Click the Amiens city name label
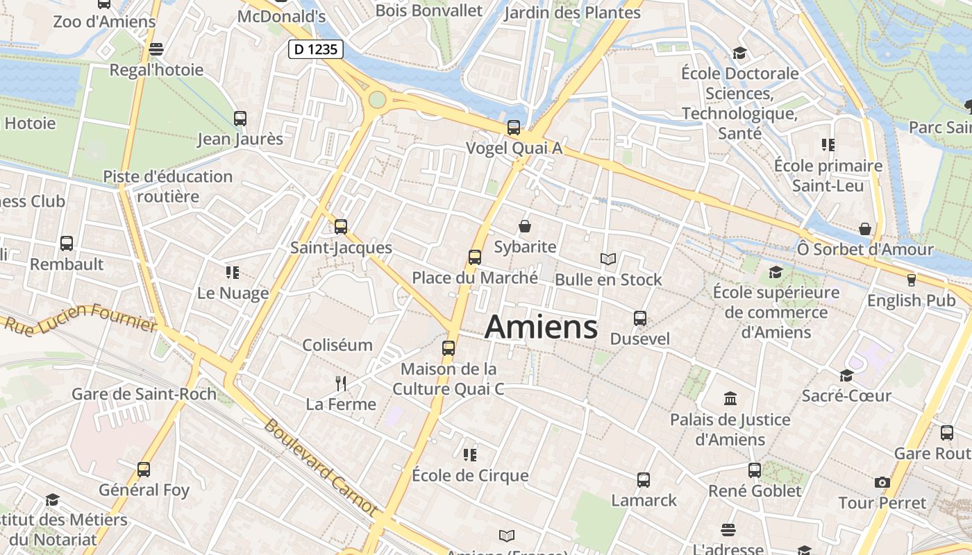click(x=541, y=326)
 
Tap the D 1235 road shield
click(x=317, y=49)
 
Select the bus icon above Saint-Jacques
click(x=340, y=226)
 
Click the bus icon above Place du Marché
click(x=475, y=257)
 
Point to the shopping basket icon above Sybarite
click(x=525, y=226)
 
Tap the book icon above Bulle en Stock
click(x=608, y=259)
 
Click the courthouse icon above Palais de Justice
click(x=730, y=398)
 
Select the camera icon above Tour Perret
click(x=882, y=482)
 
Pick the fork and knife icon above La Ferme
click(x=340, y=383)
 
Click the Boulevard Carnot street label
click(x=321, y=467)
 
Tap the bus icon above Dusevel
click(x=640, y=318)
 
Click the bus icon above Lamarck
click(x=644, y=479)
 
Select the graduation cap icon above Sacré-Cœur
click(x=846, y=375)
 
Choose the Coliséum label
click(x=337, y=345)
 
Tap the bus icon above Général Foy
click(x=144, y=469)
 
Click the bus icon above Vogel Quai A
click(x=514, y=128)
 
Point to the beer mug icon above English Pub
click(x=912, y=280)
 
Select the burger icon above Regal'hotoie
click(x=156, y=49)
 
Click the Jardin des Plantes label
click(x=572, y=12)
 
